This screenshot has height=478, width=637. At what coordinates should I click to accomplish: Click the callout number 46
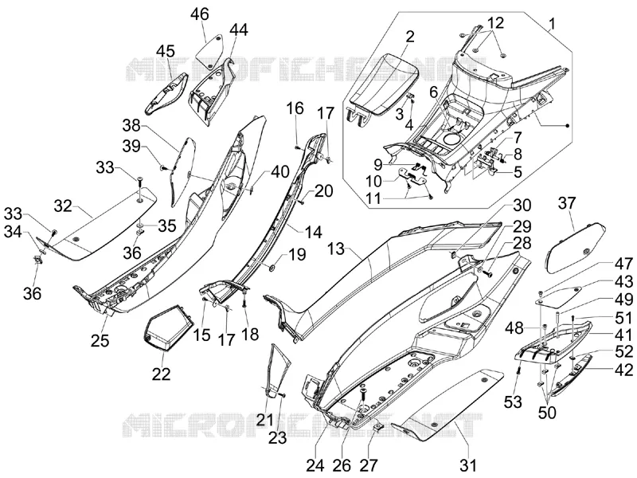tap(200, 14)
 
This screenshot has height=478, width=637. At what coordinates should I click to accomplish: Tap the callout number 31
tap(469, 464)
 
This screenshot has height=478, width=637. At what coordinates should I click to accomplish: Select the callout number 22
tap(162, 374)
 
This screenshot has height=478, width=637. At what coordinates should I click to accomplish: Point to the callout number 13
tap(337, 249)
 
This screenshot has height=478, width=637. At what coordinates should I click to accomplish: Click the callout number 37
tap(567, 202)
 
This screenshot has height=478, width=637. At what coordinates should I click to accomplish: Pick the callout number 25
tap(100, 340)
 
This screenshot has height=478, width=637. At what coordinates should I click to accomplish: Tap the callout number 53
tap(513, 402)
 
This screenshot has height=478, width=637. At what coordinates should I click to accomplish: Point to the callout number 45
tap(166, 51)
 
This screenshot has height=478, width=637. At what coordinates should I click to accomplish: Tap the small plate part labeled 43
tap(557, 296)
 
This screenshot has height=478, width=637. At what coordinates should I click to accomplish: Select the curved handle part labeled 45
tap(166, 93)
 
